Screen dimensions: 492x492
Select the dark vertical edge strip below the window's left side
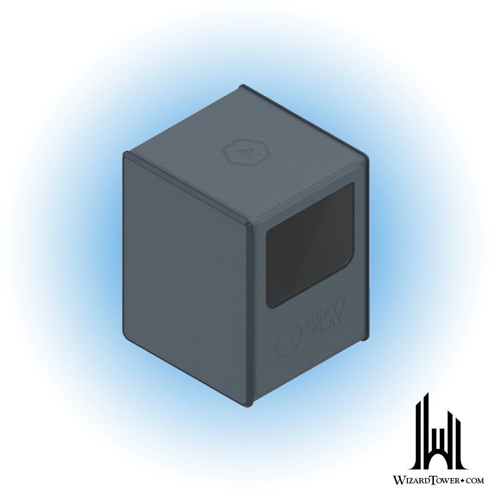250,336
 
